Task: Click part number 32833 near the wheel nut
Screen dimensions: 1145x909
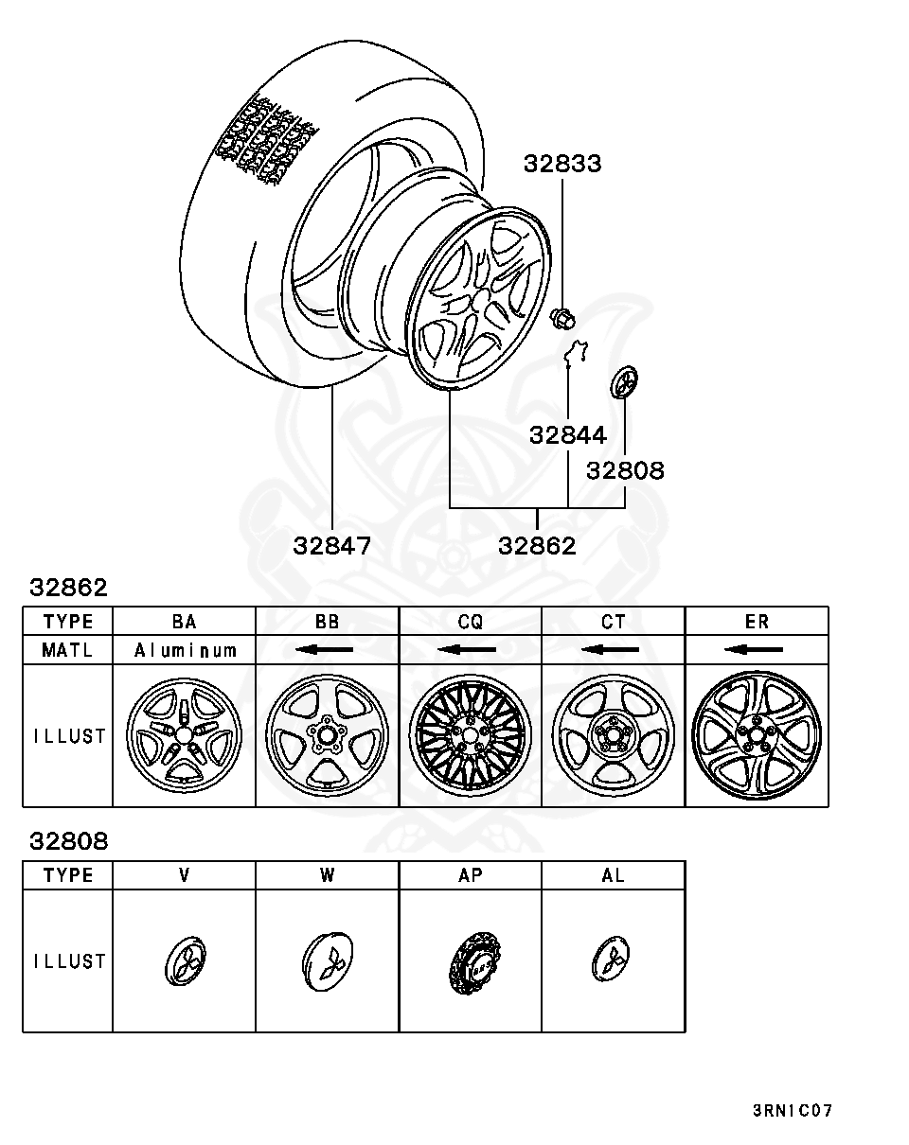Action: (562, 164)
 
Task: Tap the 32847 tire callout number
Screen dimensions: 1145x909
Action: (331, 546)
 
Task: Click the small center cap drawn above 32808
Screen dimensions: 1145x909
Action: (624, 383)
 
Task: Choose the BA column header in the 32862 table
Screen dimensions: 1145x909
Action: (185, 622)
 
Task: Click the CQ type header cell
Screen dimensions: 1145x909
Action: (471, 622)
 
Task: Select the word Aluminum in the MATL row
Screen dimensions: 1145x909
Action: (185, 650)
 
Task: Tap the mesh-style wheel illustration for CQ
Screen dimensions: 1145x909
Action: (471, 735)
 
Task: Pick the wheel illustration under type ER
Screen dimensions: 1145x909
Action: (757, 735)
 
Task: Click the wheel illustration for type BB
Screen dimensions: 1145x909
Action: (327, 735)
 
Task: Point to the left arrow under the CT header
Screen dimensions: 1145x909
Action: (613, 650)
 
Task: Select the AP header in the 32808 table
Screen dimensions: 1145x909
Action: (471, 875)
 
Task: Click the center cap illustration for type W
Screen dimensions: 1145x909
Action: (327, 961)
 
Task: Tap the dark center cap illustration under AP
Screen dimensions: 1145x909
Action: (471, 961)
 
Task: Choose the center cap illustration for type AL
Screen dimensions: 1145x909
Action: (613, 961)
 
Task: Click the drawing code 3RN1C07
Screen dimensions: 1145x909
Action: (793, 1110)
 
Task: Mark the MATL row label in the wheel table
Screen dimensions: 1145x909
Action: (68, 650)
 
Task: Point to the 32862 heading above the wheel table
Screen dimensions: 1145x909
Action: (68, 588)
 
